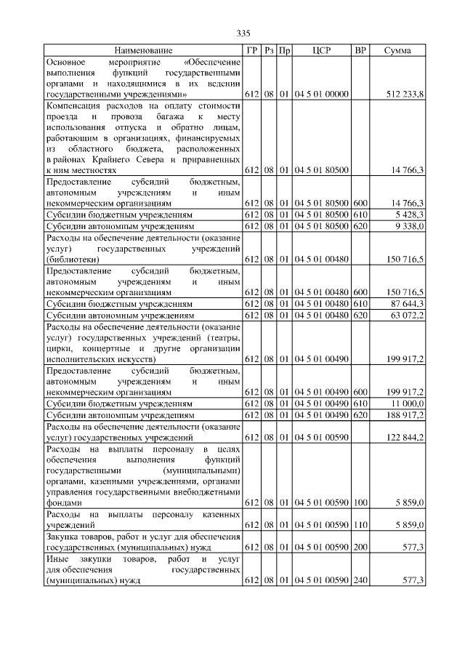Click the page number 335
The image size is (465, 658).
pyautogui.click(x=243, y=33)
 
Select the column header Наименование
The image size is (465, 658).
pyautogui.click(x=143, y=50)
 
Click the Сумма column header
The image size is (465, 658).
pyautogui.click(x=397, y=50)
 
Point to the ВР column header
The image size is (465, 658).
pyautogui.click(x=360, y=50)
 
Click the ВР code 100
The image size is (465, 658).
pyautogui.click(x=360, y=502)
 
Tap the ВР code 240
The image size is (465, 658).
pyautogui.click(x=360, y=579)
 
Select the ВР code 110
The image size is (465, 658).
pyautogui.click(x=360, y=524)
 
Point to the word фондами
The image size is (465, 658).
pyautogui.click(x=62, y=502)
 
